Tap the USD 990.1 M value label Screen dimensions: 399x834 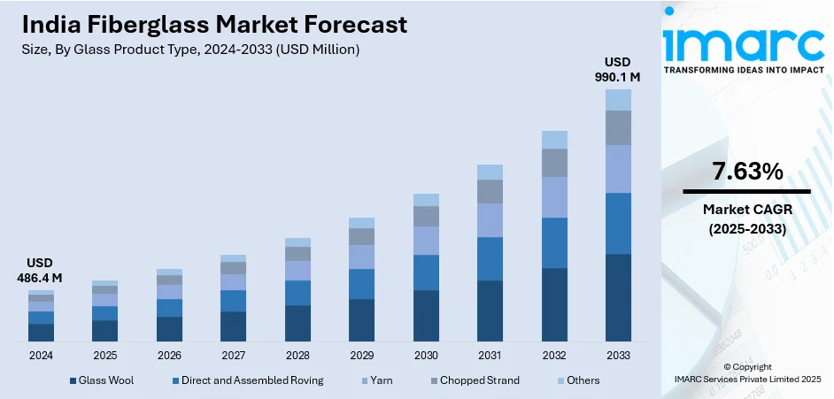618,70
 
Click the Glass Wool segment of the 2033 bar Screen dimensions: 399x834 618,297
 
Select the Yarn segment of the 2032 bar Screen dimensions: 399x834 554,197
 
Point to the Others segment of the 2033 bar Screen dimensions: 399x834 618,100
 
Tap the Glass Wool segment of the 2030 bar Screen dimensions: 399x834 426,316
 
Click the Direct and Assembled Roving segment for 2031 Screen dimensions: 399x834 490,258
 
